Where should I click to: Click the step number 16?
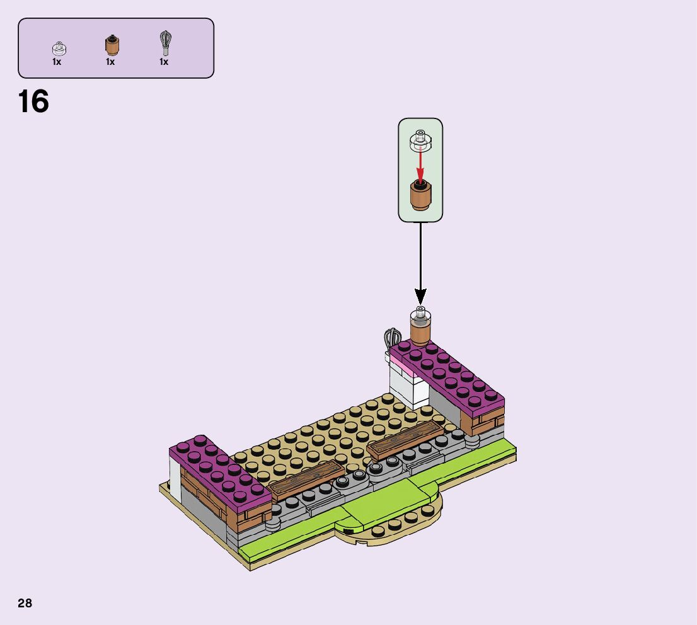pyautogui.click(x=34, y=102)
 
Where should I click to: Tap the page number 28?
pyautogui.click(x=25, y=603)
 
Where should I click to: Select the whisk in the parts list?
pyautogui.click(x=165, y=43)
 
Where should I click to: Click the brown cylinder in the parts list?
pyautogui.click(x=112, y=45)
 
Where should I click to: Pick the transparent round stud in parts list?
pyautogui.click(x=59, y=49)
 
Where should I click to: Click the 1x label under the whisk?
pyautogui.click(x=164, y=62)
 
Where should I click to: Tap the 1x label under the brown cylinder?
pyautogui.click(x=110, y=62)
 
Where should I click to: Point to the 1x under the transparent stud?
pyautogui.click(x=57, y=62)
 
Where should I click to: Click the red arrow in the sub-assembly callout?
pyautogui.click(x=420, y=164)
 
